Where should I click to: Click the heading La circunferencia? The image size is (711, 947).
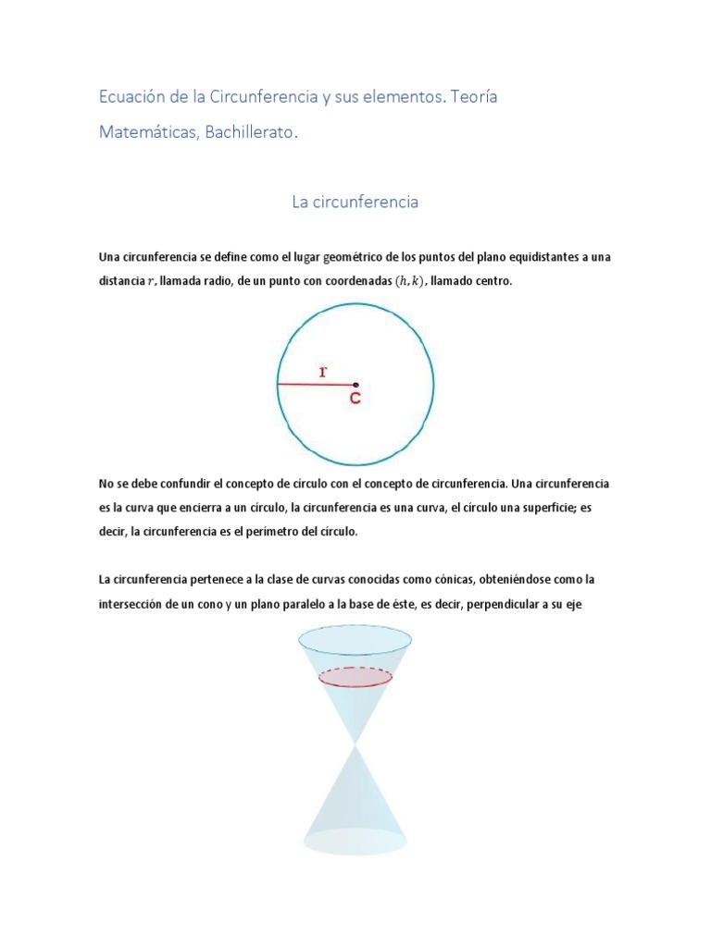click(355, 202)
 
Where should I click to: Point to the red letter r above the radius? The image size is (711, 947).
click(322, 371)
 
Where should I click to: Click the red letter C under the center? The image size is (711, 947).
click(355, 399)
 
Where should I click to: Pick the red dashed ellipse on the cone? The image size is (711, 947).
click(355, 677)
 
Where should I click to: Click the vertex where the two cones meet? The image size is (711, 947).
click(355, 743)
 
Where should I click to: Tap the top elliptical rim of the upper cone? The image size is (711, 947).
click(355, 638)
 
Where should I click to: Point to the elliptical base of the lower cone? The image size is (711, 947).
click(355, 841)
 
